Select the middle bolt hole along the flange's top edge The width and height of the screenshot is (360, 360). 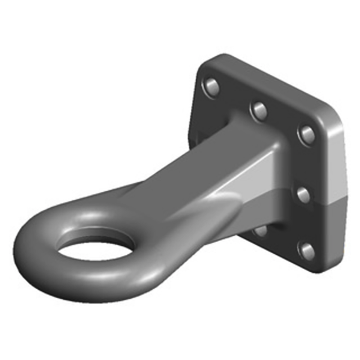coord(259,109)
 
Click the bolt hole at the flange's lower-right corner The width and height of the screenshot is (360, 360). coord(307,250)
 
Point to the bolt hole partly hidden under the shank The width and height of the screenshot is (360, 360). coord(261,230)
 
